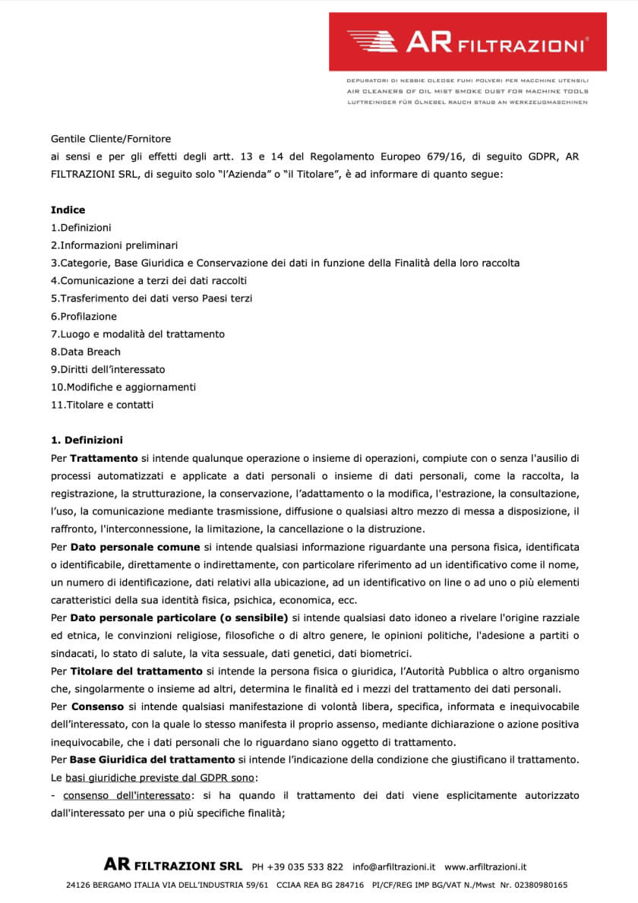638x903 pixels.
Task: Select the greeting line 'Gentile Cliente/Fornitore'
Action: pos(111,139)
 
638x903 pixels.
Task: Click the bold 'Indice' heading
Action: pos(68,210)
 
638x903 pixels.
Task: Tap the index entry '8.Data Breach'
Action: pos(85,352)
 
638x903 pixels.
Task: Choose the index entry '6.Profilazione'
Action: pos(84,316)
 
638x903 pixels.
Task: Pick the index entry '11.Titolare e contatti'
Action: pos(102,405)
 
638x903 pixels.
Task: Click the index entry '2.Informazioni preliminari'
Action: pos(114,245)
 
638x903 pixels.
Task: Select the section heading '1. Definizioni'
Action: pos(87,440)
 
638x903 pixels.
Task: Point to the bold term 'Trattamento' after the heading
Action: pos(104,458)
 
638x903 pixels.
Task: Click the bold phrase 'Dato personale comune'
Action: pos(135,547)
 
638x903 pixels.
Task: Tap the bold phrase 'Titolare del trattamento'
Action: pos(137,671)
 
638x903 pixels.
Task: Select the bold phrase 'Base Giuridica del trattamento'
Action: pos(152,760)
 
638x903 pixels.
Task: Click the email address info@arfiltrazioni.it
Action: pos(393,866)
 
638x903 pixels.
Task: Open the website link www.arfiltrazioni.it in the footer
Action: pos(485,866)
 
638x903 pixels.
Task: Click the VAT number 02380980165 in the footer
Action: pos(539,885)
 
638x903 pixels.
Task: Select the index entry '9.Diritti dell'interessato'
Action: pos(108,369)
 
